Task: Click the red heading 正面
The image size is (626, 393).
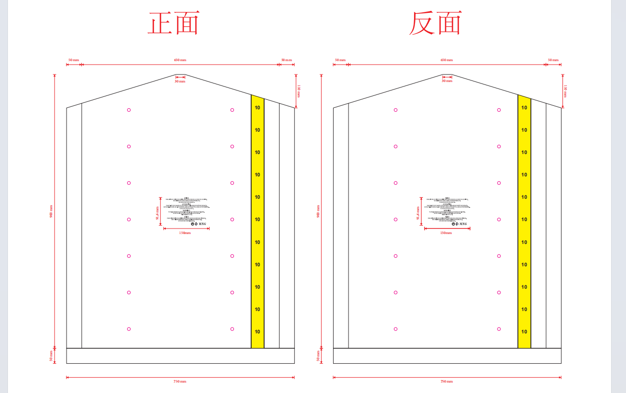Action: coord(174,23)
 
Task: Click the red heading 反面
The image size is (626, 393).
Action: coord(435,23)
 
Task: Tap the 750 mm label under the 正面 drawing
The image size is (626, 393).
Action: coord(180,382)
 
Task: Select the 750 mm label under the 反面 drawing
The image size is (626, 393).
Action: coord(446,382)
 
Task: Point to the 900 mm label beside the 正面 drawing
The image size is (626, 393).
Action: coord(51,211)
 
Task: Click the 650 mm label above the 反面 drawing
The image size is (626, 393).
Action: coord(446,60)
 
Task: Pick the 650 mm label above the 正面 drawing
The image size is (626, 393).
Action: coord(180,60)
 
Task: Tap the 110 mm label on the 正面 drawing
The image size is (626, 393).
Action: coord(299,91)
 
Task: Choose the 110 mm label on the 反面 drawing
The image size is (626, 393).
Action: coord(566,91)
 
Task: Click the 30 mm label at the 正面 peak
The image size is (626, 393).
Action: coord(180,81)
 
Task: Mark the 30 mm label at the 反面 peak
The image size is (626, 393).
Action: coord(447,81)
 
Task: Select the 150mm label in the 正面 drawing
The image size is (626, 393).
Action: coord(185,233)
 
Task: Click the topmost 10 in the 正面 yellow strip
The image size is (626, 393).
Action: coord(257,108)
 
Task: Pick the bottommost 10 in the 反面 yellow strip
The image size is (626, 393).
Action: coord(524,332)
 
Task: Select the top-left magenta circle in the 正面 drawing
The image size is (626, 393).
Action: coord(129,110)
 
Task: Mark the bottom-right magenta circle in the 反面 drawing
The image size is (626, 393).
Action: coord(499,329)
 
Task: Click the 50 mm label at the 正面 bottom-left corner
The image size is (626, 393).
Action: coord(51,356)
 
